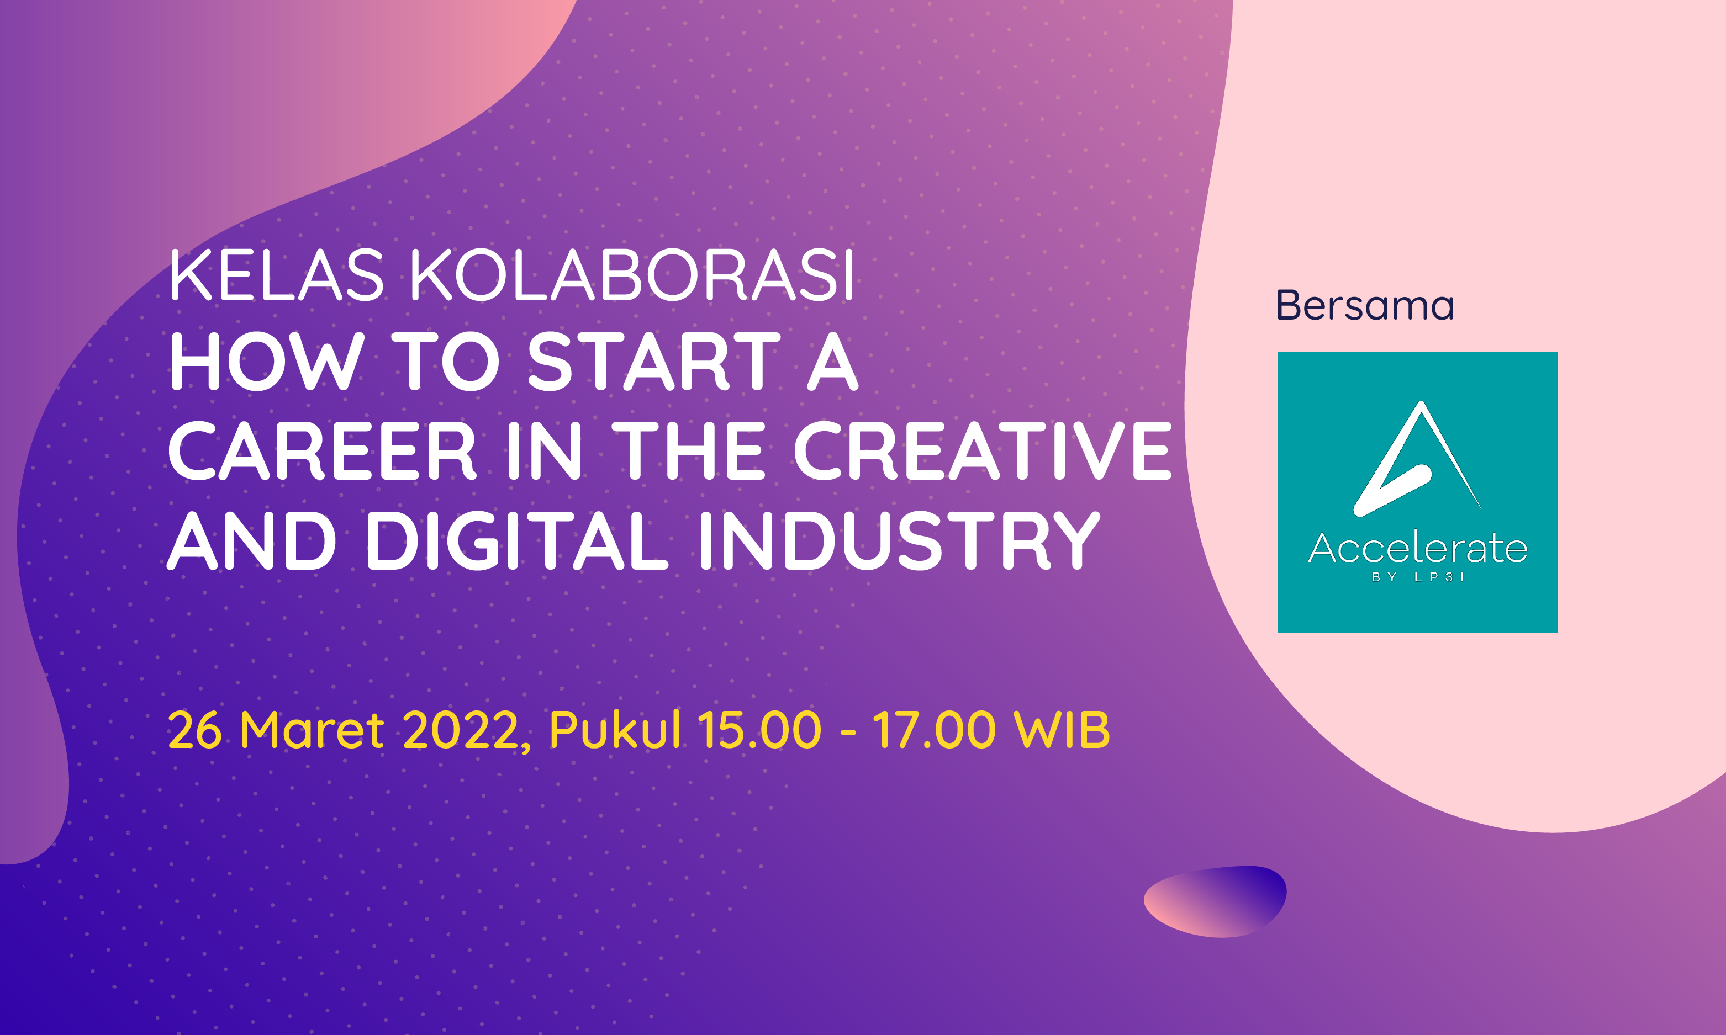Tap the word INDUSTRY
coord(899,540)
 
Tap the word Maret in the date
coord(312,730)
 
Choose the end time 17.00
coord(934,730)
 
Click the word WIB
coord(1061,730)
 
